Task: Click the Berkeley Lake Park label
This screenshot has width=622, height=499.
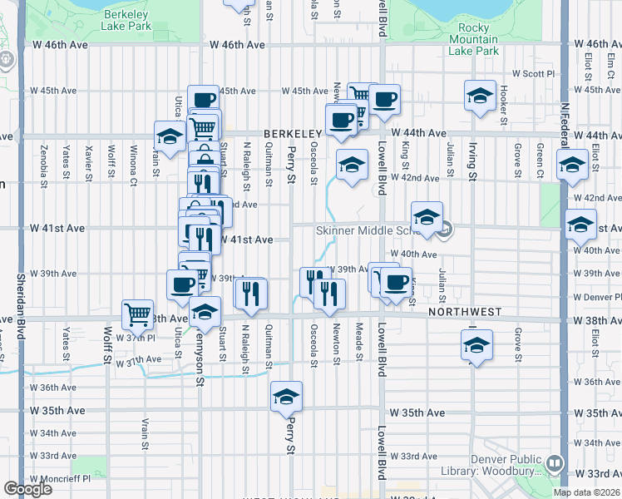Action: [126, 20]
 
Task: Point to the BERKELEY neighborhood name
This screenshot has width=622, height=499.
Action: [293, 134]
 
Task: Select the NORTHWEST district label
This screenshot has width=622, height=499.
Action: [466, 312]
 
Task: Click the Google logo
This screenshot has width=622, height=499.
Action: [27, 489]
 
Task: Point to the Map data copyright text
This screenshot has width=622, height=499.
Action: [587, 492]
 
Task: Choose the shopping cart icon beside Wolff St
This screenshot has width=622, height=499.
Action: [138, 315]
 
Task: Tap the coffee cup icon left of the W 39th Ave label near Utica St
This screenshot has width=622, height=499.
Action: [182, 285]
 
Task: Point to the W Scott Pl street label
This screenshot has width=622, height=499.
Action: [532, 73]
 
